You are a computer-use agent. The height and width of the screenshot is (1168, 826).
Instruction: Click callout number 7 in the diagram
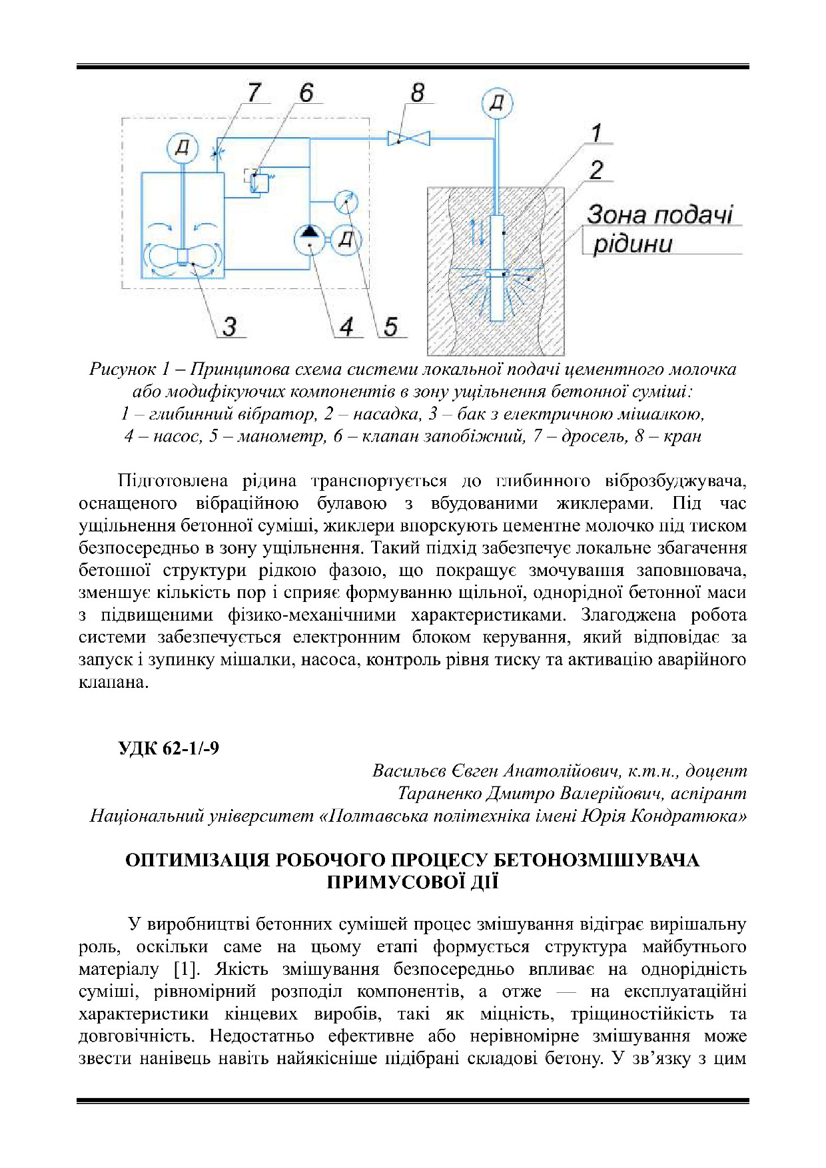[254, 93]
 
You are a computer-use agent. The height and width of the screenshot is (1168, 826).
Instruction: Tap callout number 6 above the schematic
[306, 93]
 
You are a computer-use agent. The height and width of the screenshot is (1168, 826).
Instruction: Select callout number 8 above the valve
[418, 93]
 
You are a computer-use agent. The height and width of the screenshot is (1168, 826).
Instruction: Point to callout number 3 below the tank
[230, 327]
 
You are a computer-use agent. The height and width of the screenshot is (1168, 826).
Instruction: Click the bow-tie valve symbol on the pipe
[409, 139]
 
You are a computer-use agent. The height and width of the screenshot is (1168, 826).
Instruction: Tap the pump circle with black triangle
[309, 238]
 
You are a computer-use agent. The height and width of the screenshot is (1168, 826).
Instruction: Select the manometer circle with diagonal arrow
[344, 201]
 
